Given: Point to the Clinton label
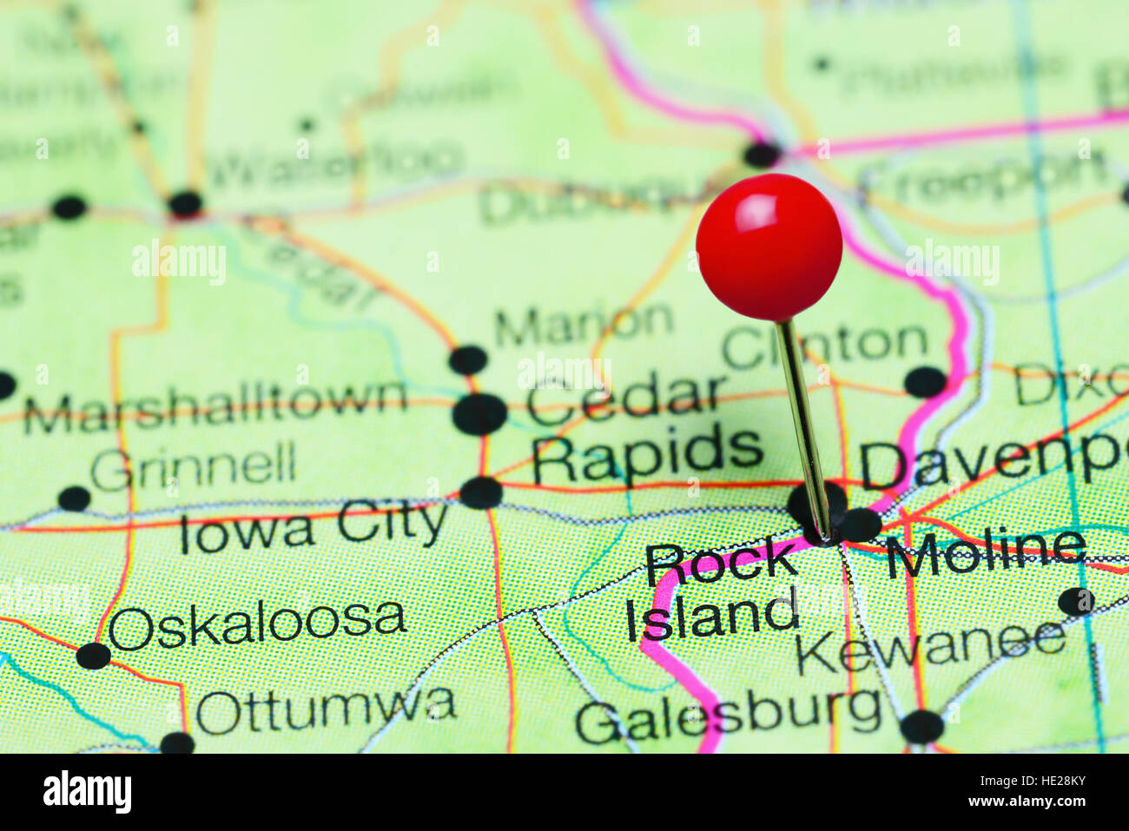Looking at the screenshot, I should coord(825,345).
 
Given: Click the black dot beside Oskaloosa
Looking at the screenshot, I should coord(93,656).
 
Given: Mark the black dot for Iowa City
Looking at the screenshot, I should coord(480,492).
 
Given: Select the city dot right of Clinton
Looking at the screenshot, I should coord(925,382).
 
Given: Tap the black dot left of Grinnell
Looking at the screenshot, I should coord(74,498).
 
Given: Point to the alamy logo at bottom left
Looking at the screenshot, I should coord(87,792).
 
